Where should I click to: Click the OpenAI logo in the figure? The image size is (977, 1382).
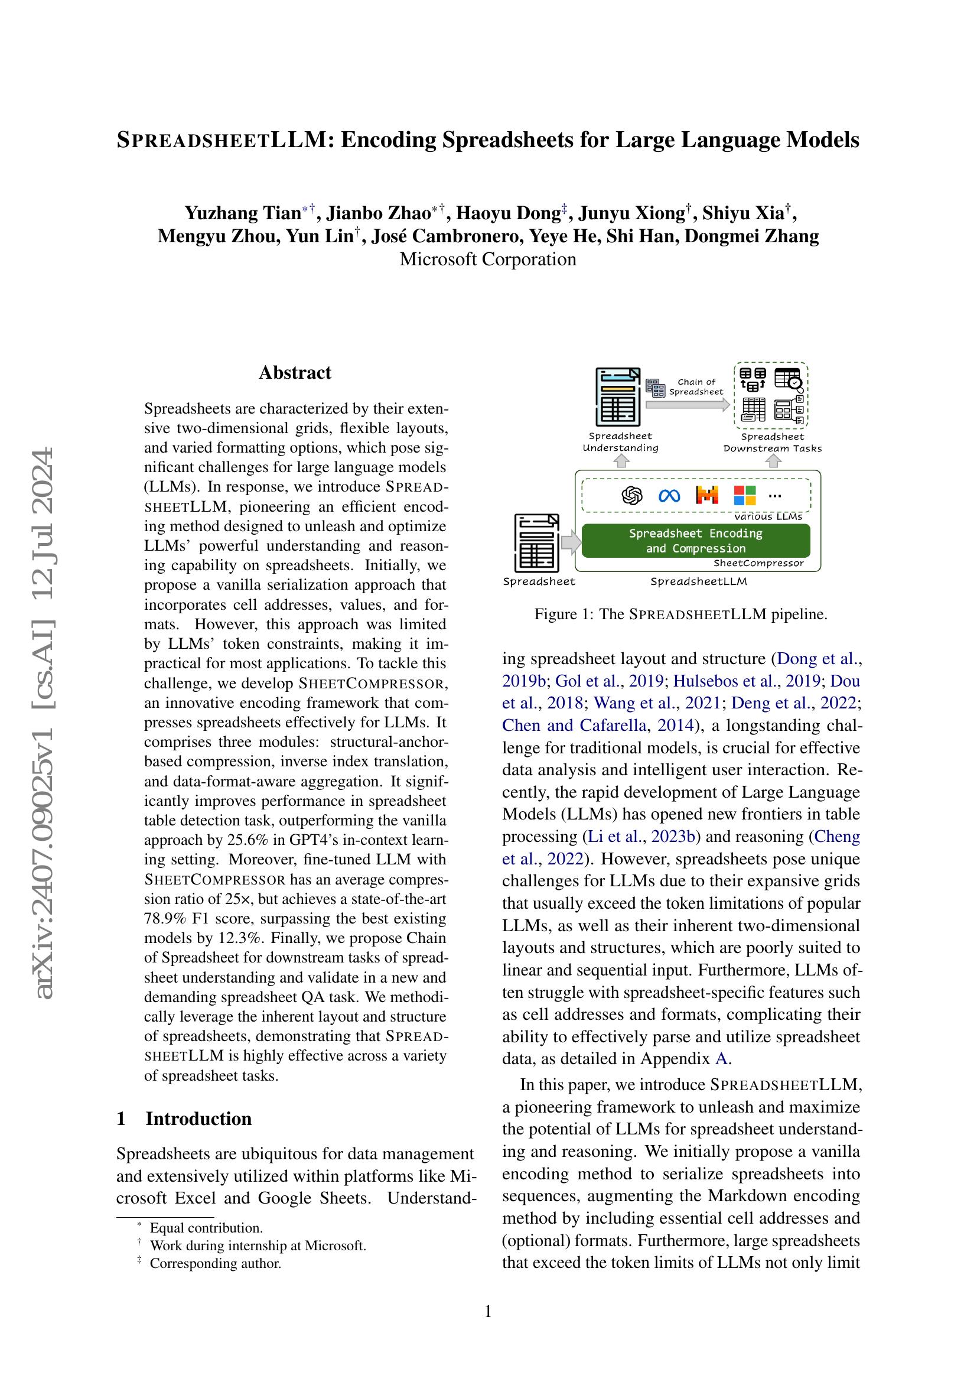coord(631,495)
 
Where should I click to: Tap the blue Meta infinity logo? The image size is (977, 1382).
coord(669,495)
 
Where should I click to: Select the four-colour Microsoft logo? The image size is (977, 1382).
coord(745,495)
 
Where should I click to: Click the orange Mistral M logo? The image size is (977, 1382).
coord(707,495)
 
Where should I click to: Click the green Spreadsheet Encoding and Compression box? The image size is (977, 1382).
coord(695,541)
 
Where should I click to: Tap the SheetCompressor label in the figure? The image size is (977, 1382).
coord(758,564)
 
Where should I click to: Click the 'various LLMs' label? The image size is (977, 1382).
coord(768,516)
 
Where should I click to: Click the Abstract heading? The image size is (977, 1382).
coord(295,373)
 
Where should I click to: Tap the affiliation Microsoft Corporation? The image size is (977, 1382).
coord(488,259)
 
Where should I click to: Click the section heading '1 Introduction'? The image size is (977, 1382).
coord(184,1118)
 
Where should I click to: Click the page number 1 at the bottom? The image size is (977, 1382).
coord(488,1311)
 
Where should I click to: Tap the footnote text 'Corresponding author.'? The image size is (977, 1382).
coord(216,1263)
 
